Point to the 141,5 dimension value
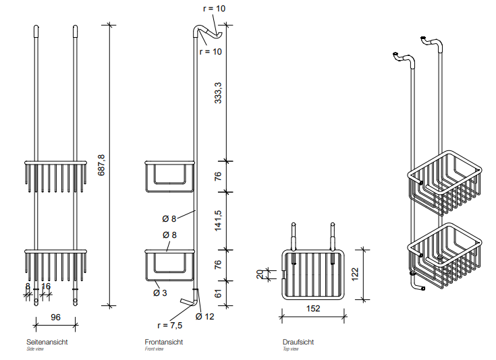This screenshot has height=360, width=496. [217, 221]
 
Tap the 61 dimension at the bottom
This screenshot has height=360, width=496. [217, 293]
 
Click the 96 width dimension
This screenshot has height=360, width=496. [57, 316]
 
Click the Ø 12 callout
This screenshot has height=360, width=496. [205, 316]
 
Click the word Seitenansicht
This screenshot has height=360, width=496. [47, 342]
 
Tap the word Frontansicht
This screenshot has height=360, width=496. [163, 342]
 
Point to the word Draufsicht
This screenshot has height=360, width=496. [298, 342]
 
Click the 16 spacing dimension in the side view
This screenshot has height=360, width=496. [46, 287]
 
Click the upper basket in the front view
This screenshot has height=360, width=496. [169, 175]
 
